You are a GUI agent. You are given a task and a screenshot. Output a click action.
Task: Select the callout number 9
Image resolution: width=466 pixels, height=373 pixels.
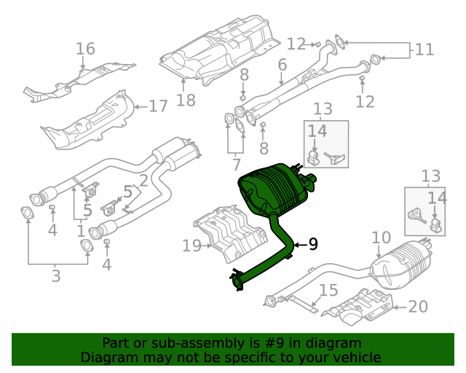pos(313,244)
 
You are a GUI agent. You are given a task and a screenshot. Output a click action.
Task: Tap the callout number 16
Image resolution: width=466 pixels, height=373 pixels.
pos(85,49)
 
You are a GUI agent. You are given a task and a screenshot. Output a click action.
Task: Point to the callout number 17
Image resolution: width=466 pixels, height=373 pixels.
pos(158,106)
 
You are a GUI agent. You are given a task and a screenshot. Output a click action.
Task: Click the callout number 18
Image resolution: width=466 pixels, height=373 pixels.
pos(186,100)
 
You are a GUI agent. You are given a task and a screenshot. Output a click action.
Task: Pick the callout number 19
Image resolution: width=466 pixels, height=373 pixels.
pos(191,246)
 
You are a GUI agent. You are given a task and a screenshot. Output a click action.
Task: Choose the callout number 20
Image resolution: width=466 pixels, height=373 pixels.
pos(418,307)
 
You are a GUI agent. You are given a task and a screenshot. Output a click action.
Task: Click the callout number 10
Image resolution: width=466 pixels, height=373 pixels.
pos(382,237)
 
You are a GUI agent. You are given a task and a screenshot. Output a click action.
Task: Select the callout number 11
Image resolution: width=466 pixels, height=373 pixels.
pos(424,50)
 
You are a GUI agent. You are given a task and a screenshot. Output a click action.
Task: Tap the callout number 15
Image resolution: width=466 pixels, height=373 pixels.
pos(328,291)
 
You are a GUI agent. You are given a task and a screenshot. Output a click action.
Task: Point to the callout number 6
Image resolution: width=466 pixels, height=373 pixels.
pos(282,66)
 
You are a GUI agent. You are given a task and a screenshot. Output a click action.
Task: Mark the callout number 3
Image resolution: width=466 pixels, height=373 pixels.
pos(56,275)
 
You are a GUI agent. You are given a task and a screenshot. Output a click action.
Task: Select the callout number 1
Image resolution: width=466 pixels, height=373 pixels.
pos(80,231)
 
